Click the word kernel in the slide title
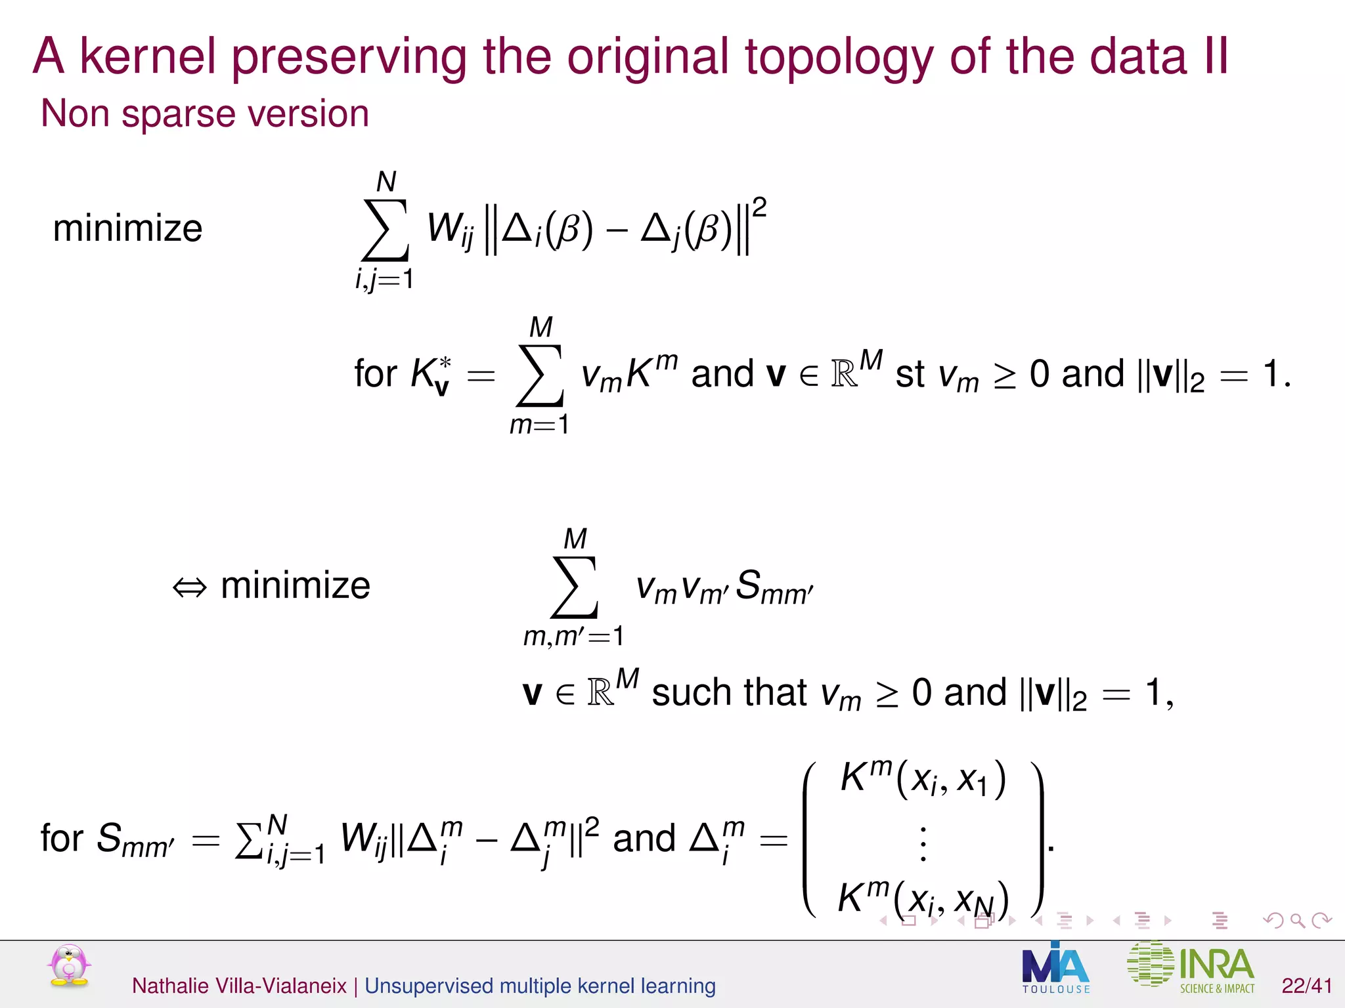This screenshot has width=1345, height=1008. (147, 56)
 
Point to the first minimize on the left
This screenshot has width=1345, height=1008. (127, 228)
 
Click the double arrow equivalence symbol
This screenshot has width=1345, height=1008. (189, 587)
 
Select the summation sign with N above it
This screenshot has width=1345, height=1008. (385, 230)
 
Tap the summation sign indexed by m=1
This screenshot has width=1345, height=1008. (540, 375)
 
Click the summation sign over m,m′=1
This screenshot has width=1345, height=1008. (574, 587)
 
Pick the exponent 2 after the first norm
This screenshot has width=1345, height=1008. (759, 207)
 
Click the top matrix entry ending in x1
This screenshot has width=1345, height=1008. (922, 779)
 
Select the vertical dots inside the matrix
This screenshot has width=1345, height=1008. (923, 844)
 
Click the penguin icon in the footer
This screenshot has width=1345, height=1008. (69, 966)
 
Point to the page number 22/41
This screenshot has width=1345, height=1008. (1306, 986)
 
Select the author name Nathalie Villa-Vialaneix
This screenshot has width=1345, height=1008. (239, 986)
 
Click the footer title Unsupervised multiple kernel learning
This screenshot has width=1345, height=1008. (540, 986)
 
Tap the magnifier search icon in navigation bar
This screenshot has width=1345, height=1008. (1297, 920)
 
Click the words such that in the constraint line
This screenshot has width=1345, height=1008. (728, 693)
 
